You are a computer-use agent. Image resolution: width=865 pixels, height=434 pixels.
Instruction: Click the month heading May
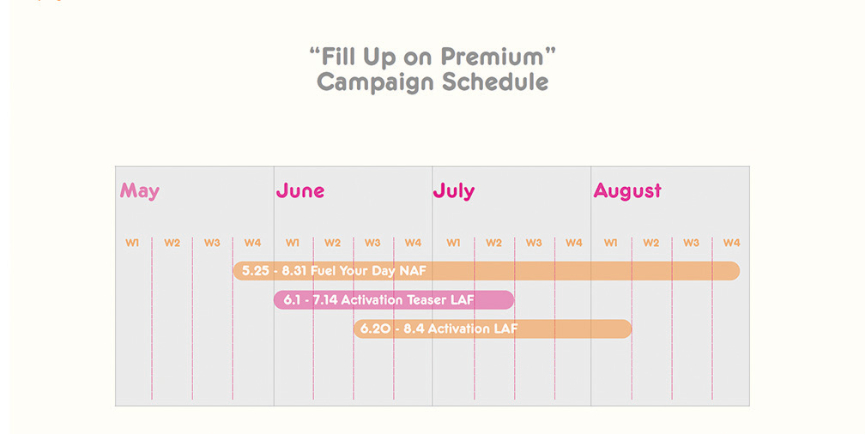click(140, 191)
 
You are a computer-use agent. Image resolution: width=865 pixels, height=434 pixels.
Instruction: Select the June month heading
click(300, 190)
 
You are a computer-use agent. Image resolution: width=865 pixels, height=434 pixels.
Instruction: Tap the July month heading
click(453, 191)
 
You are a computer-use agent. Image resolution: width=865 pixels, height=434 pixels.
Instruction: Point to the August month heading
click(627, 191)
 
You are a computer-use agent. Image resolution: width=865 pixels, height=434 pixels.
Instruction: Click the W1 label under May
click(132, 243)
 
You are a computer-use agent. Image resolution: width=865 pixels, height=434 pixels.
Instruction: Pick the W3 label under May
click(212, 243)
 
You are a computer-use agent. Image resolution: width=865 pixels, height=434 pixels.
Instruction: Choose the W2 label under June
click(332, 243)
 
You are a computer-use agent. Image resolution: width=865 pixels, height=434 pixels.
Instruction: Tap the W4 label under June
click(413, 243)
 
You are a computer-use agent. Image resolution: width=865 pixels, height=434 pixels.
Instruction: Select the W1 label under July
click(453, 243)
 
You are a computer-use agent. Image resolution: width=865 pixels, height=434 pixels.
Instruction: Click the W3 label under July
click(534, 243)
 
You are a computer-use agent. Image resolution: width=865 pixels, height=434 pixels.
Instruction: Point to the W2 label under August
click(651, 243)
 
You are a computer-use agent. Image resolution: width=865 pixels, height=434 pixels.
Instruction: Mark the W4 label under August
click(731, 243)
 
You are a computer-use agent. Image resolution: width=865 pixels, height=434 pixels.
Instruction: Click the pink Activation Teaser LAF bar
click(394, 300)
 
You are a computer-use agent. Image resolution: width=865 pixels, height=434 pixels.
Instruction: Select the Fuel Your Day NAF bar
click(487, 271)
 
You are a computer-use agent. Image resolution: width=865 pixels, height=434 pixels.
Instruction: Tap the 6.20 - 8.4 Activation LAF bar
click(493, 329)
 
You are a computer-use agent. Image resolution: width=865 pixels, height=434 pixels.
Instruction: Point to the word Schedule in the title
click(495, 82)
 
